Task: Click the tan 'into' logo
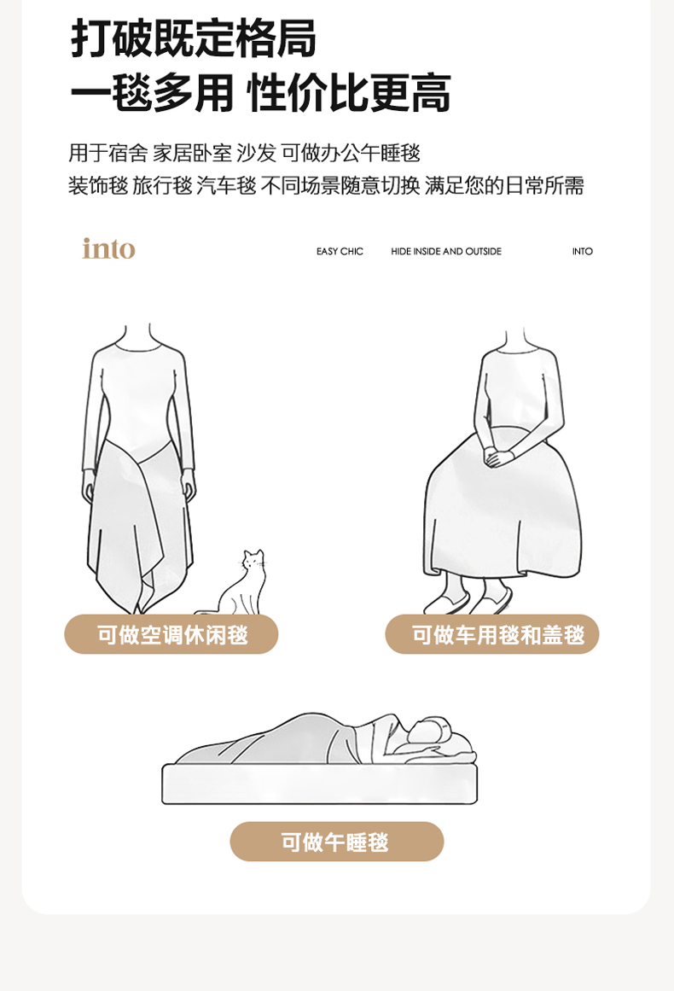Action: point(108,248)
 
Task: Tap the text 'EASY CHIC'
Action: point(340,252)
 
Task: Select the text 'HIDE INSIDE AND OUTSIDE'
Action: point(446,252)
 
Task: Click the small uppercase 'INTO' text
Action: point(583,252)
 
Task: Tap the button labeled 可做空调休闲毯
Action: point(171,634)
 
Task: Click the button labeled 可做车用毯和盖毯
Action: point(492,634)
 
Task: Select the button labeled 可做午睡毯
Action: point(337,842)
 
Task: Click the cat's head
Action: point(253,559)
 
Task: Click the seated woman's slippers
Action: point(468,600)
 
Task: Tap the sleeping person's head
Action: point(431,731)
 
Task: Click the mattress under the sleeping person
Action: point(320,784)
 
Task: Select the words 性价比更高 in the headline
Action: point(349,94)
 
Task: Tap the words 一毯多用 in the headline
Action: point(152,94)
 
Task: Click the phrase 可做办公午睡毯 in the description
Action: point(351,153)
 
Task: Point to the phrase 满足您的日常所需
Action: point(504,186)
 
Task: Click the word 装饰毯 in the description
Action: point(99,186)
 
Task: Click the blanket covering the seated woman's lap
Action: point(503,505)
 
